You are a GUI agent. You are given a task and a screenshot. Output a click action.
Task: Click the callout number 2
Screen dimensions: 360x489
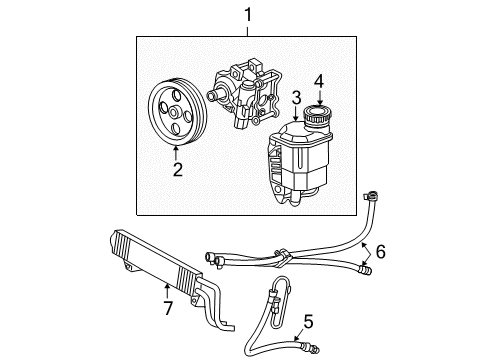coord(176,169)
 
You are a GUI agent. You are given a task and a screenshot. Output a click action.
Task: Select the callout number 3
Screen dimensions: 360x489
coord(296,97)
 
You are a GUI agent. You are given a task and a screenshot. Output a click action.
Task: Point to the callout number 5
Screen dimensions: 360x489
coord(308,322)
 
